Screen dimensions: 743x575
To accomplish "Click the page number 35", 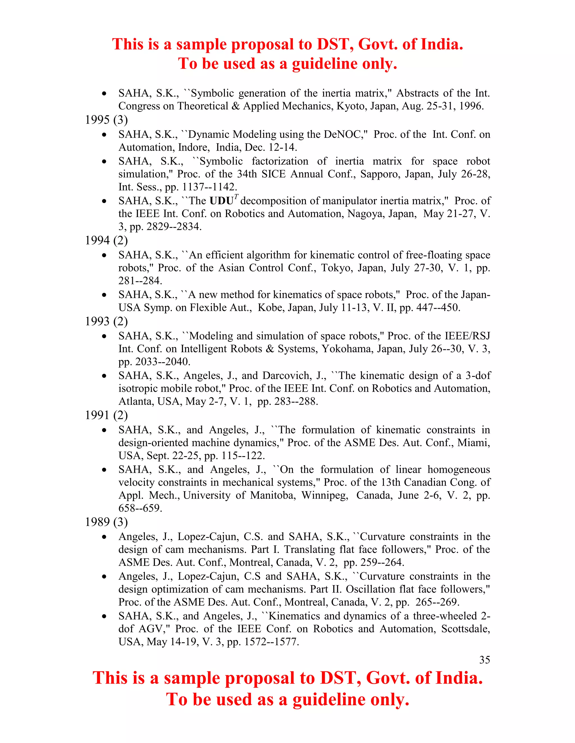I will point(484,660).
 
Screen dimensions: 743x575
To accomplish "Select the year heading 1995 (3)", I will point(106,120).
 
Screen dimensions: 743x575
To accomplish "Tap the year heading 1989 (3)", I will point(106,522).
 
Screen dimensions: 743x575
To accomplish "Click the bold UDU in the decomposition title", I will point(222,201).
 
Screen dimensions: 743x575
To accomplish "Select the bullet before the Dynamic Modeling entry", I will point(104,135).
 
